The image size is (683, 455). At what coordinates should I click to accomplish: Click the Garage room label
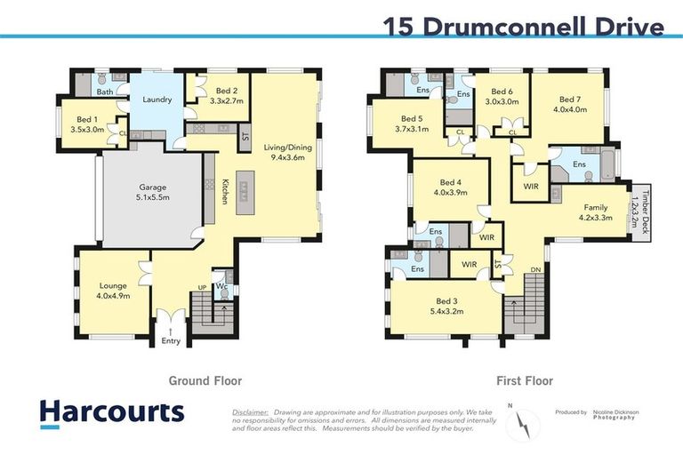point(152,193)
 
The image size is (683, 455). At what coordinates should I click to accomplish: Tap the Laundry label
point(157,100)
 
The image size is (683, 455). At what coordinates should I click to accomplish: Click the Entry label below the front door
point(171,340)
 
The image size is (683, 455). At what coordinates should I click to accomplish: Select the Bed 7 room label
point(570,105)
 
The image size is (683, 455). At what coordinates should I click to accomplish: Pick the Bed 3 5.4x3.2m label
point(441,306)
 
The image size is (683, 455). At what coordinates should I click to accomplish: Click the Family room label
point(594,212)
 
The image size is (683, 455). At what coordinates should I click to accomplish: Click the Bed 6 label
point(502,97)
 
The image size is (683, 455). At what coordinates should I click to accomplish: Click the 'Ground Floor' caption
point(205,380)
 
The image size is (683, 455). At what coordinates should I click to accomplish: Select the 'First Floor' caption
point(525,380)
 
